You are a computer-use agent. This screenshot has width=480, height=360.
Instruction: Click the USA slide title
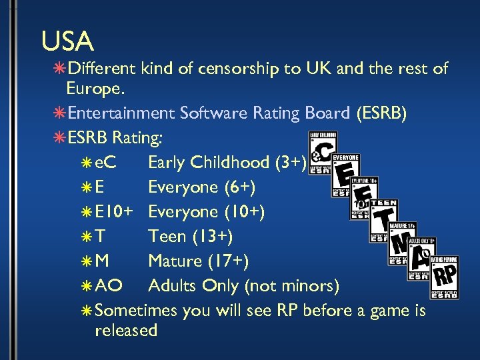point(67,41)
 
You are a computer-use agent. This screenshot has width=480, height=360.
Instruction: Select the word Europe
point(94,89)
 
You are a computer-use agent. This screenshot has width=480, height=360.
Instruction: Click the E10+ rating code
point(111,212)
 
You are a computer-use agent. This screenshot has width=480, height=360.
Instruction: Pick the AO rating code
point(109,286)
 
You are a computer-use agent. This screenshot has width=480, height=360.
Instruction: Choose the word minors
point(306,286)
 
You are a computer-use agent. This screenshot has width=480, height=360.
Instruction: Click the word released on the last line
point(127,330)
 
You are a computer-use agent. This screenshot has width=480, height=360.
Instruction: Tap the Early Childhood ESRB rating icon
point(323,152)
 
